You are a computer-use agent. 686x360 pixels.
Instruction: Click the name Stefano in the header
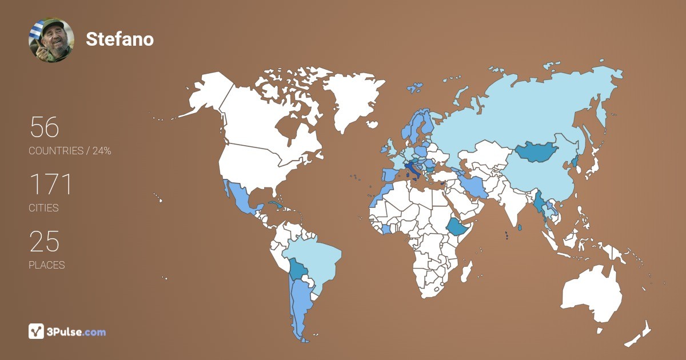(119, 39)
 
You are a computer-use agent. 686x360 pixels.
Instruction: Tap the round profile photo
(51, 40)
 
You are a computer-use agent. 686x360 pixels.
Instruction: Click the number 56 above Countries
(45, 127)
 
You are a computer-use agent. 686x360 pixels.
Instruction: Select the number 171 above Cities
(51, 185)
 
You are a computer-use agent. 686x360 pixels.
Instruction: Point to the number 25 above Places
(45, 242)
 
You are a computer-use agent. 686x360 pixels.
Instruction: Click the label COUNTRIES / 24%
(70, 151)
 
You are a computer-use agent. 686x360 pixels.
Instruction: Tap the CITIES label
(43, 208)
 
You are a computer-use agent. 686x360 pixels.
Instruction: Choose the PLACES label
(46, 265)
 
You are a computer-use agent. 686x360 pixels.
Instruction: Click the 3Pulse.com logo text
(76, 331)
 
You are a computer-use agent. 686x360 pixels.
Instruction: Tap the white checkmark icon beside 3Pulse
(36, 331)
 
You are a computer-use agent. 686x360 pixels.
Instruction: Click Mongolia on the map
(536, 152)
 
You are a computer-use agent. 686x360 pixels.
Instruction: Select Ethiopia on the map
(457, 227)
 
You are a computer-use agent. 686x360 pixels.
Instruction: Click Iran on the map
(473, 186)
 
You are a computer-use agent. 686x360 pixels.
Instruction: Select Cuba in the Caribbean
(276, 205)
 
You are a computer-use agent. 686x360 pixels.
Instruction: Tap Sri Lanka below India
(519, 228)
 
